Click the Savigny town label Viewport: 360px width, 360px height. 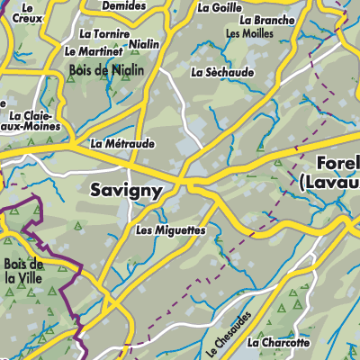pyautogui.click(x=127, y=190)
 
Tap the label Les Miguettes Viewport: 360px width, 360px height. pyautogui.click(x=170, y=230)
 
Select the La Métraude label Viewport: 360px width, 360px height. pyautogui.click(x=122, y=143)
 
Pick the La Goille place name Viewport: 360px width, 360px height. pyautogui.click(x=219, y=7)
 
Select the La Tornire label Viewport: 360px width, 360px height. pyautogui.click(x=101, y=33)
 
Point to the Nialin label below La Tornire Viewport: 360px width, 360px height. pyautogui.click(x=144, y=44)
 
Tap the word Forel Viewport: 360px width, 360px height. pyautogui.click(x=338, y=164)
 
